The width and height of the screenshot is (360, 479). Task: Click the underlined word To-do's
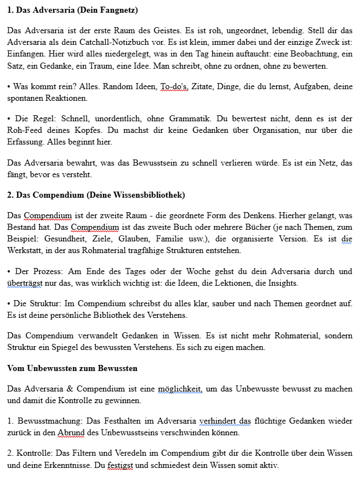(173, 86)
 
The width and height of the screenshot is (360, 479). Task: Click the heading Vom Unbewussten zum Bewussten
(73, 368)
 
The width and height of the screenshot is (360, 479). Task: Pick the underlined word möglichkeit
(179, 388)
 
